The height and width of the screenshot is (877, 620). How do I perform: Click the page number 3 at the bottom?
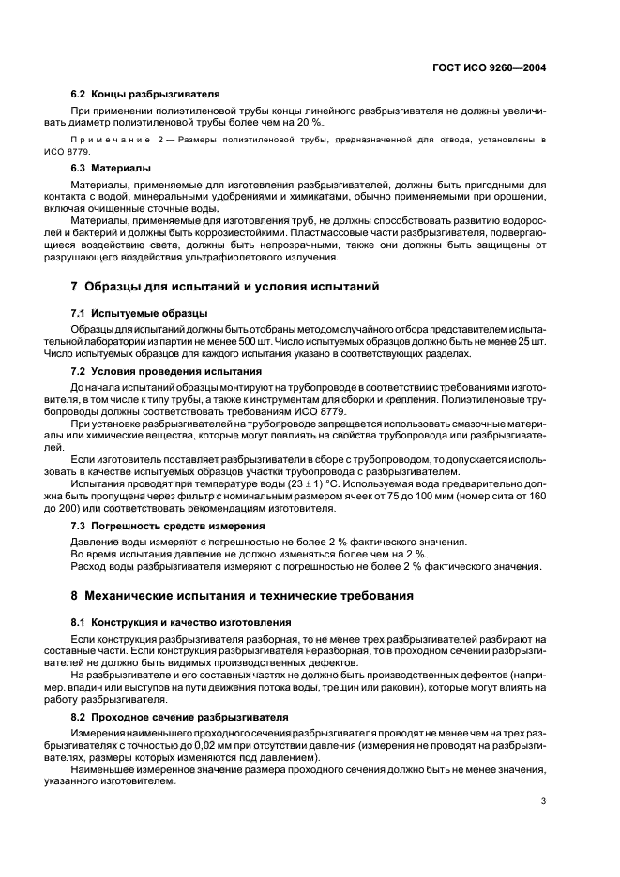[543, 801]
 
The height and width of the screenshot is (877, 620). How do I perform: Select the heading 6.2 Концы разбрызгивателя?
[145, 95]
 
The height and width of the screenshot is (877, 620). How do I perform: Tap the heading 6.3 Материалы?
[112, 168]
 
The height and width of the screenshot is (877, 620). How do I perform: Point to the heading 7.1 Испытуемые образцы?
[140, 312]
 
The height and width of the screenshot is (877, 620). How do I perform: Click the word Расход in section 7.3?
[92, 567]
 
